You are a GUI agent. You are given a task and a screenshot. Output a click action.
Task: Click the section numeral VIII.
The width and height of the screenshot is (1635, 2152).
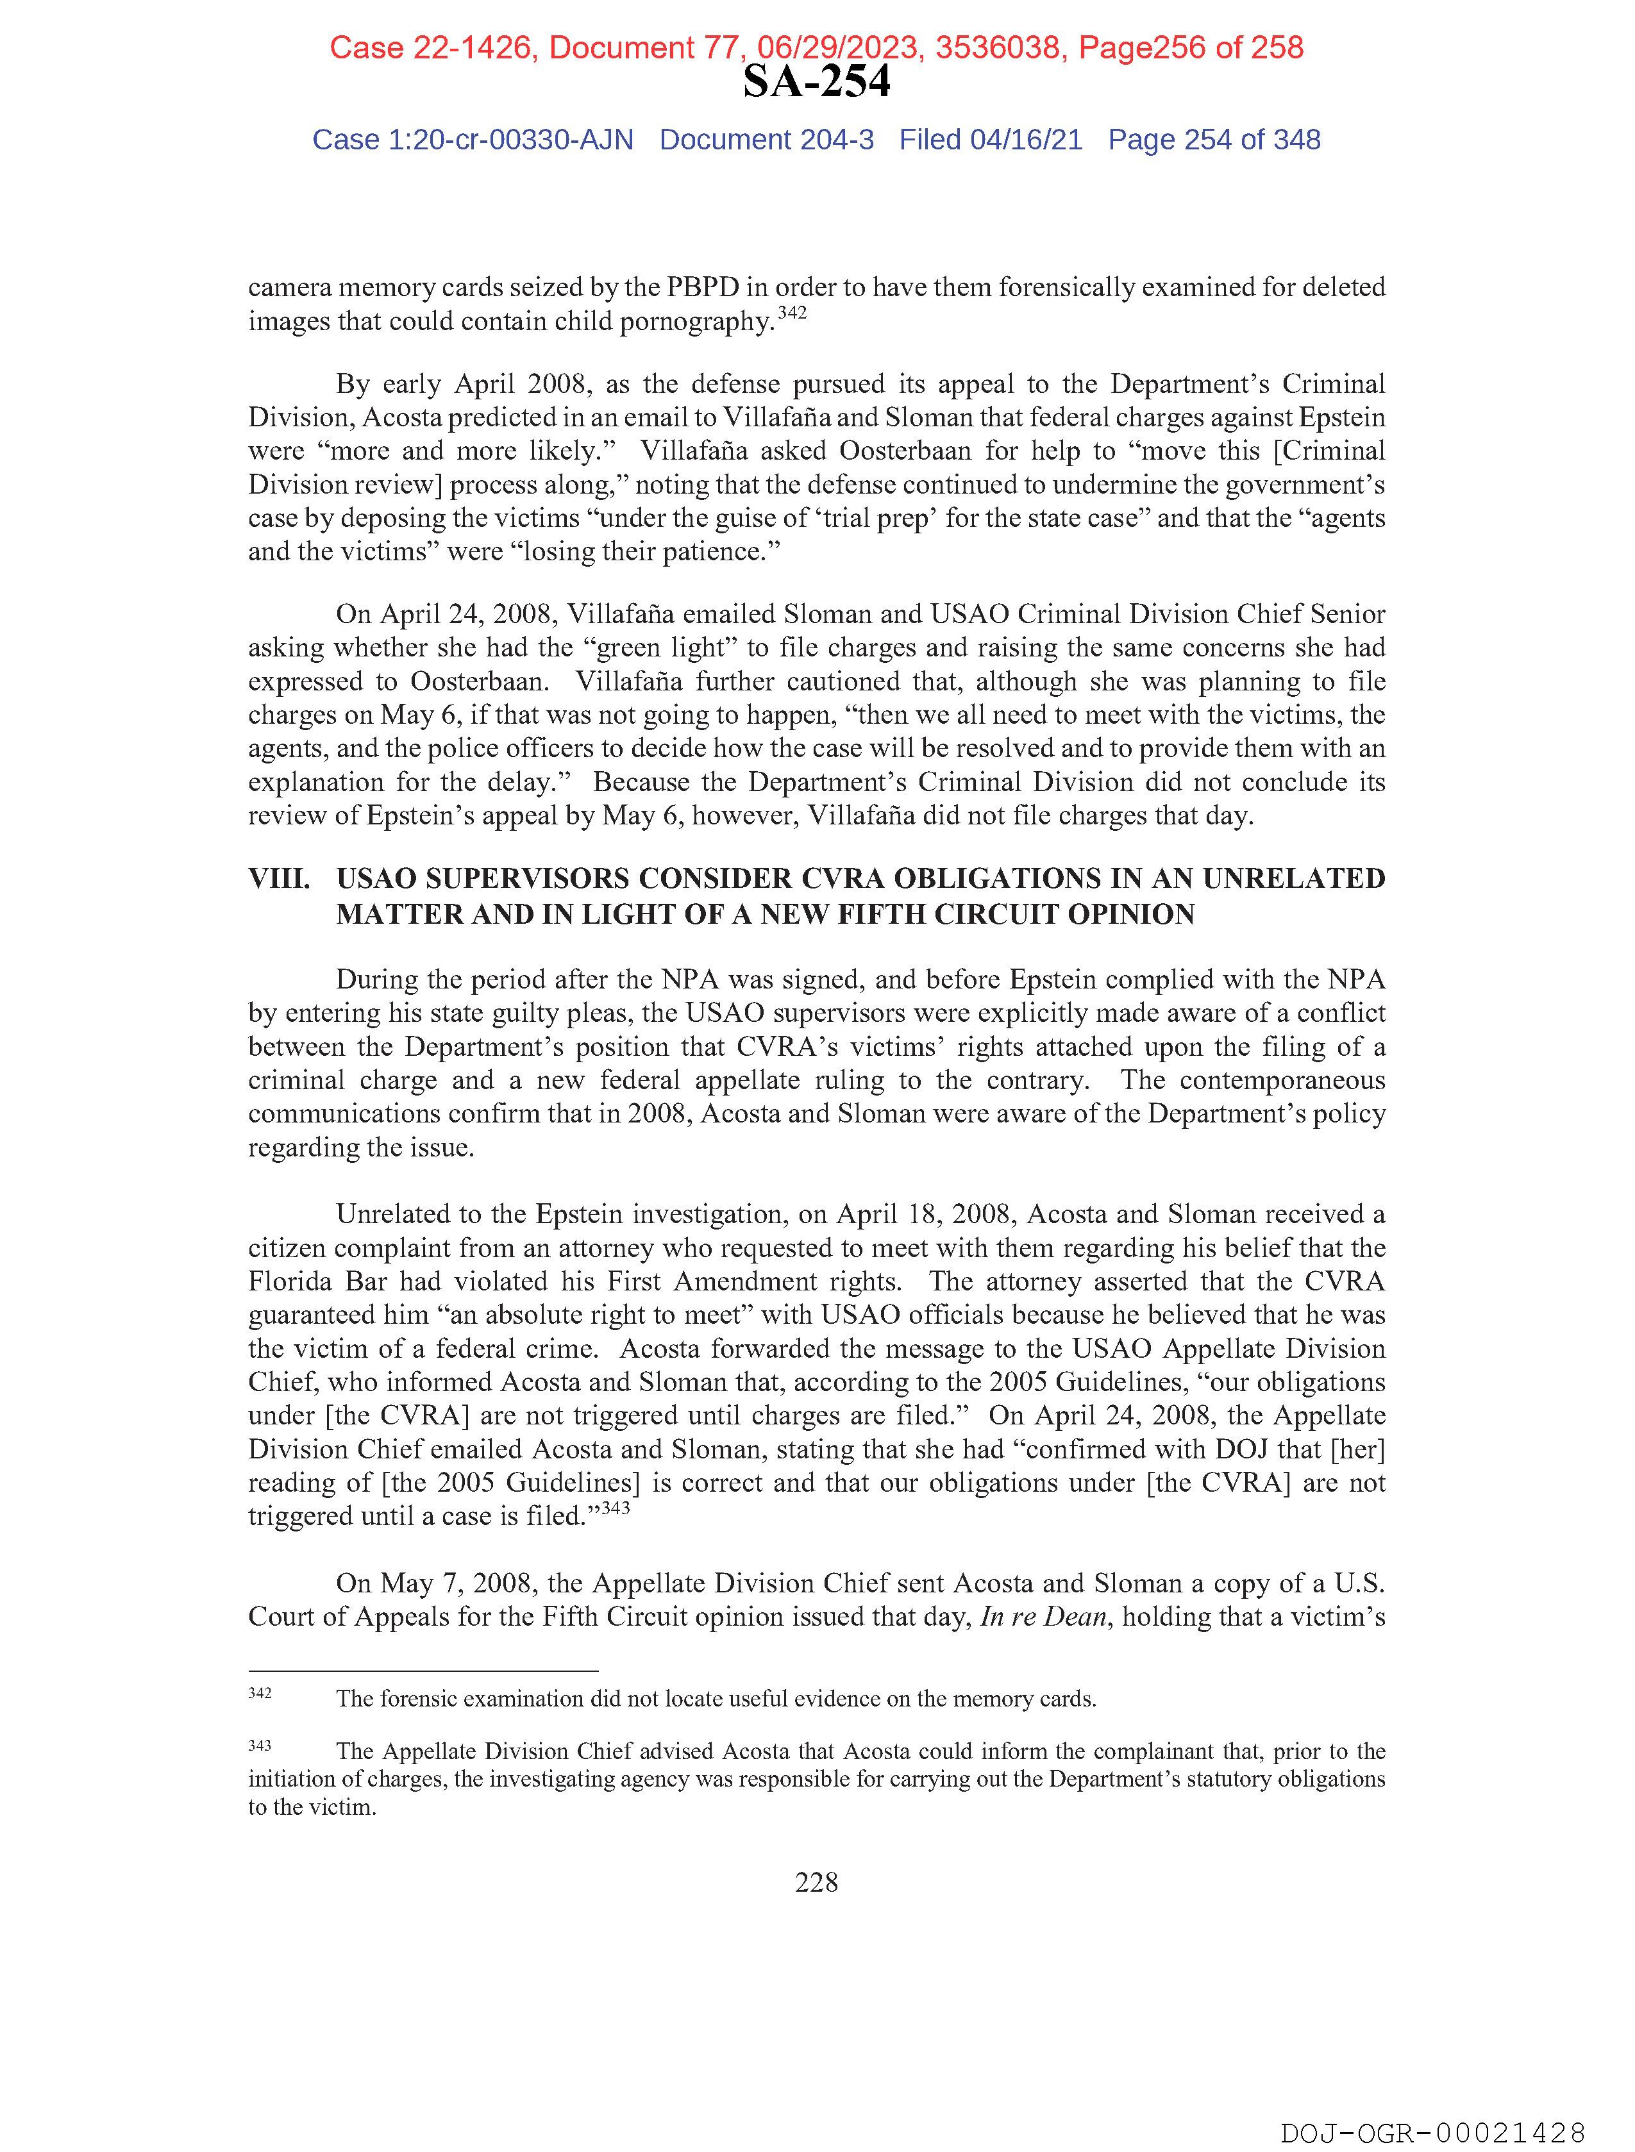[x=280, y=878]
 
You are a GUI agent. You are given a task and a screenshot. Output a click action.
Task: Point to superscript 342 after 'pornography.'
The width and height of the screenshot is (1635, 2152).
[x=791, y=314]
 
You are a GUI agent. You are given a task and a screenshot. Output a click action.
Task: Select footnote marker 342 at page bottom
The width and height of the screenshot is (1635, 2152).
[x=260, y=1694]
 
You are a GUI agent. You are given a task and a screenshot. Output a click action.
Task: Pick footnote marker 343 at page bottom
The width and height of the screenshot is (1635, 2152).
[x=260, y=1746]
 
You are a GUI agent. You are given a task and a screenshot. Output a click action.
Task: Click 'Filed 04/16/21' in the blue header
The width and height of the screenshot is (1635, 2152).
[x=990, y=140]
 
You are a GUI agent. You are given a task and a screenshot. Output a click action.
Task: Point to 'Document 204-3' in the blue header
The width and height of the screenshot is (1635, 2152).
[x=766, y=140]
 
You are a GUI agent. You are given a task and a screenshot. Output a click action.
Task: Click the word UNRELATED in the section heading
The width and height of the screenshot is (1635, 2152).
[x=1293, y=878]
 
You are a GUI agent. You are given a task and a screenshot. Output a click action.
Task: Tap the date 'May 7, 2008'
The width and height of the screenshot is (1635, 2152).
[x=455, y=1584]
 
